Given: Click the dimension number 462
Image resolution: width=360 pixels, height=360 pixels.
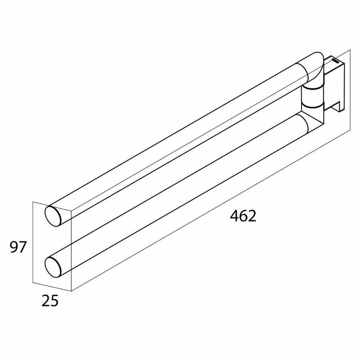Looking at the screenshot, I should coord(243,216).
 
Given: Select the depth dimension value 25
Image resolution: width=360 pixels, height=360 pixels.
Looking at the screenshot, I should coord(50,300).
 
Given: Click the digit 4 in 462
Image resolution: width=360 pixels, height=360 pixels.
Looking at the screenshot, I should coord(235,216).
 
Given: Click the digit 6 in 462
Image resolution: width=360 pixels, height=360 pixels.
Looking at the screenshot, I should coord(243,216).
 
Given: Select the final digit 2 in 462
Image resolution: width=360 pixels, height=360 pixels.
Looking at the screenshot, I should coord(251,216).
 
